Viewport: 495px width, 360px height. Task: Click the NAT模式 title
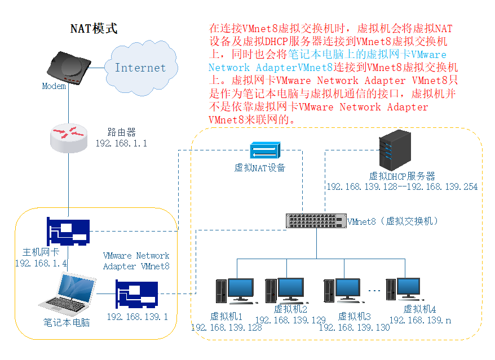[x=94, y=29]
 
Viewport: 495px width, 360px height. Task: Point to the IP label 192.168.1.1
[x=121, y=144]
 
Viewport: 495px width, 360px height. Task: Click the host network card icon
[x=68, y=232]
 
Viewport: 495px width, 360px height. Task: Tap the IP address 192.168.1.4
[x=41, y=263]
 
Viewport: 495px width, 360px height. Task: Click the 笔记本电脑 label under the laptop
[x=67, y=323]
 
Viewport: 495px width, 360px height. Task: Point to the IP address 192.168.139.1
[x=137, y=317]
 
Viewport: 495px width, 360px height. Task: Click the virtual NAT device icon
[x=264, y=151]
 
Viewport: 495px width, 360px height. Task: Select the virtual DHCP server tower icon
[x=394, y=149]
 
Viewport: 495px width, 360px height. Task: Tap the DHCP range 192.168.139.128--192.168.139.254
[x=402, y=186]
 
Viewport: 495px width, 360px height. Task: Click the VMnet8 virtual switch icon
[x=316, y=221]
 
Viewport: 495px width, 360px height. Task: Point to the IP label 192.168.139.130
[x=354, y=327]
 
